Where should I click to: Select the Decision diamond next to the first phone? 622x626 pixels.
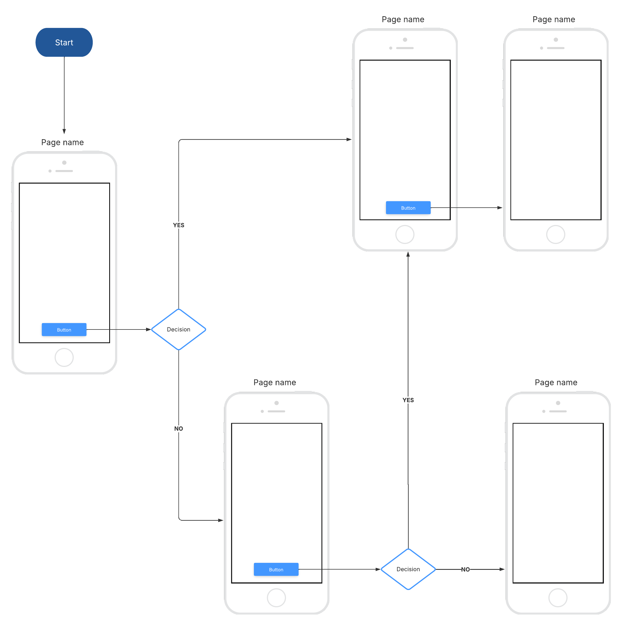(178, 329)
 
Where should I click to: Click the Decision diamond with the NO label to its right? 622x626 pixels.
(408, 569)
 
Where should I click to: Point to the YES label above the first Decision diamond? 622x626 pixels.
(178, 225)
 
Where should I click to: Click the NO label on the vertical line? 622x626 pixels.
(178, 428)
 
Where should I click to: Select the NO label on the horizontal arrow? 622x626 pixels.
(465, 569)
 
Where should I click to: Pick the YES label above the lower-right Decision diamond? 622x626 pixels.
(408, 400)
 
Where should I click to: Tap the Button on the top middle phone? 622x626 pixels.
(408, 208)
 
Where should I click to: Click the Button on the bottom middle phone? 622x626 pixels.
(276, 569)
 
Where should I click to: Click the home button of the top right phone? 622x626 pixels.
(555, 234)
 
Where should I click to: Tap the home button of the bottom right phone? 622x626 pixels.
(557, 597)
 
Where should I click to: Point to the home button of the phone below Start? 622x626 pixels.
(64, 357)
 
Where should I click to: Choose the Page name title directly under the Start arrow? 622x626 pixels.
(63, 142)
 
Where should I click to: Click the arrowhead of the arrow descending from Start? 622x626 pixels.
(64, 131)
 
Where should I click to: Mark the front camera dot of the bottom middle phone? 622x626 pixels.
(276, 403)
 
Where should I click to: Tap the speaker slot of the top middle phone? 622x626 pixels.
(404, 48)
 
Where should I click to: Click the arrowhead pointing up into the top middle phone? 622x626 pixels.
(408, 254)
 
